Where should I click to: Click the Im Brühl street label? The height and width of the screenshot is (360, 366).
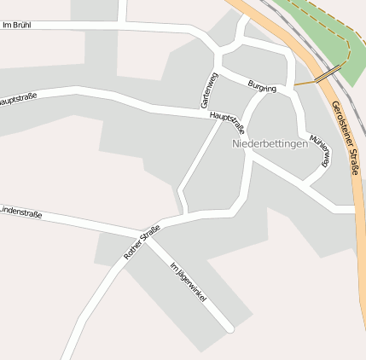coord(17,25)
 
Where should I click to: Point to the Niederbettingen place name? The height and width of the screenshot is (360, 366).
coord(270,144)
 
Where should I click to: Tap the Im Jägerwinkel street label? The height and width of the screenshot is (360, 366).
coord(189,284)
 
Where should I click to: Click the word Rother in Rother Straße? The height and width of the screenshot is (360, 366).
coord(135,248)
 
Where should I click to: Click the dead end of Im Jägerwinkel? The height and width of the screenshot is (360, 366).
coord(229,327)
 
